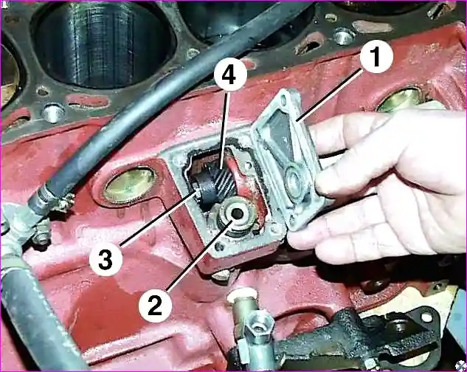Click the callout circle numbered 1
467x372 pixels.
[x=376, y=56]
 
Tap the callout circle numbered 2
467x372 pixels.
[x=155, y=306]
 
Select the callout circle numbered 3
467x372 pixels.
[x=105, y=259]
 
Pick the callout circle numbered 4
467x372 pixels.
[x=230, y=74]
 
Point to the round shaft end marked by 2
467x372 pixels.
[x=237, y=213]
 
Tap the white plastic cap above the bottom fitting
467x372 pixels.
[x=243, y=296]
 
